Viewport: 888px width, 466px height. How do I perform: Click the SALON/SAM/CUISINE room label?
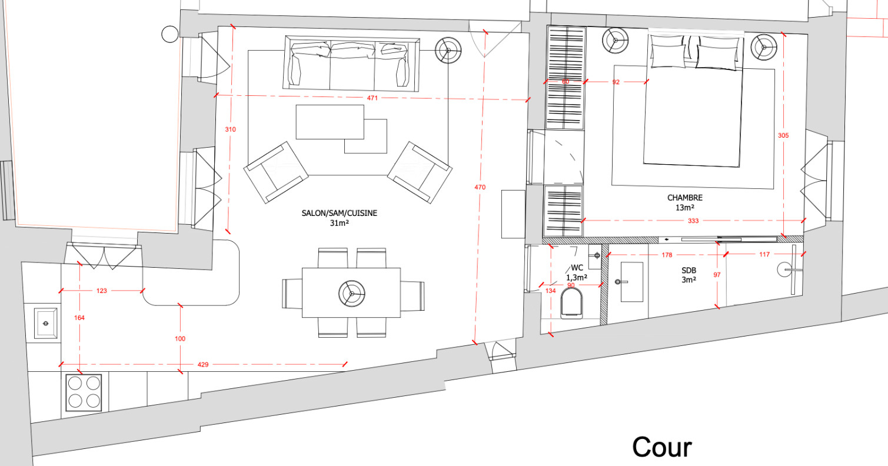tap(340, 213)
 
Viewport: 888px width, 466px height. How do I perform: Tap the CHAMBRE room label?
tap(684, 198)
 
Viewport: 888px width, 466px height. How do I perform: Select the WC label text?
tap(577, 268)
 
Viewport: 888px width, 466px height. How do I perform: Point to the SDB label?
tap(689, 270)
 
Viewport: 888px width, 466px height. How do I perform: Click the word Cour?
tap(661, 447)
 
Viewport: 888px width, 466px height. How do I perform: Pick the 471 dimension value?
tap(373, 98)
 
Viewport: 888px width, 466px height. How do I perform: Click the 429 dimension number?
tap(203, 365)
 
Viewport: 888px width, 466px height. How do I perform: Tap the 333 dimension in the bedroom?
tap(693, 221)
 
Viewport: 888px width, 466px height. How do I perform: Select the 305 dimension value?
tap(783, 135)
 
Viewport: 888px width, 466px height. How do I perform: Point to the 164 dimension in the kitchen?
tap(79, 318)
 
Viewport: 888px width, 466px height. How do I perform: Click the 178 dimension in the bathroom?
tap(667, 255)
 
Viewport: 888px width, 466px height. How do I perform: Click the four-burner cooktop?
tap(84, 392)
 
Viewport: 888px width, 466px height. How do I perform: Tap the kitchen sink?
tap(45, 324)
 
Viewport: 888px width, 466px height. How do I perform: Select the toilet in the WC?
tap(571, 303)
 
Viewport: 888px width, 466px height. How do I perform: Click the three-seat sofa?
tap(351, 64)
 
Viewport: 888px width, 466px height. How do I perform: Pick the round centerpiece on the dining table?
tap(352, 293)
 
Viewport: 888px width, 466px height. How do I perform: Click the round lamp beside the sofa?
tap(448, 51)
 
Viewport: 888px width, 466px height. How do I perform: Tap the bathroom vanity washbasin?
tap(631, 282)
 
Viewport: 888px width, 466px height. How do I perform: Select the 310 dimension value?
tap(230, 129)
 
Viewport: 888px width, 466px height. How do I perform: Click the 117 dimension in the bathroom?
tap(764, 254)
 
